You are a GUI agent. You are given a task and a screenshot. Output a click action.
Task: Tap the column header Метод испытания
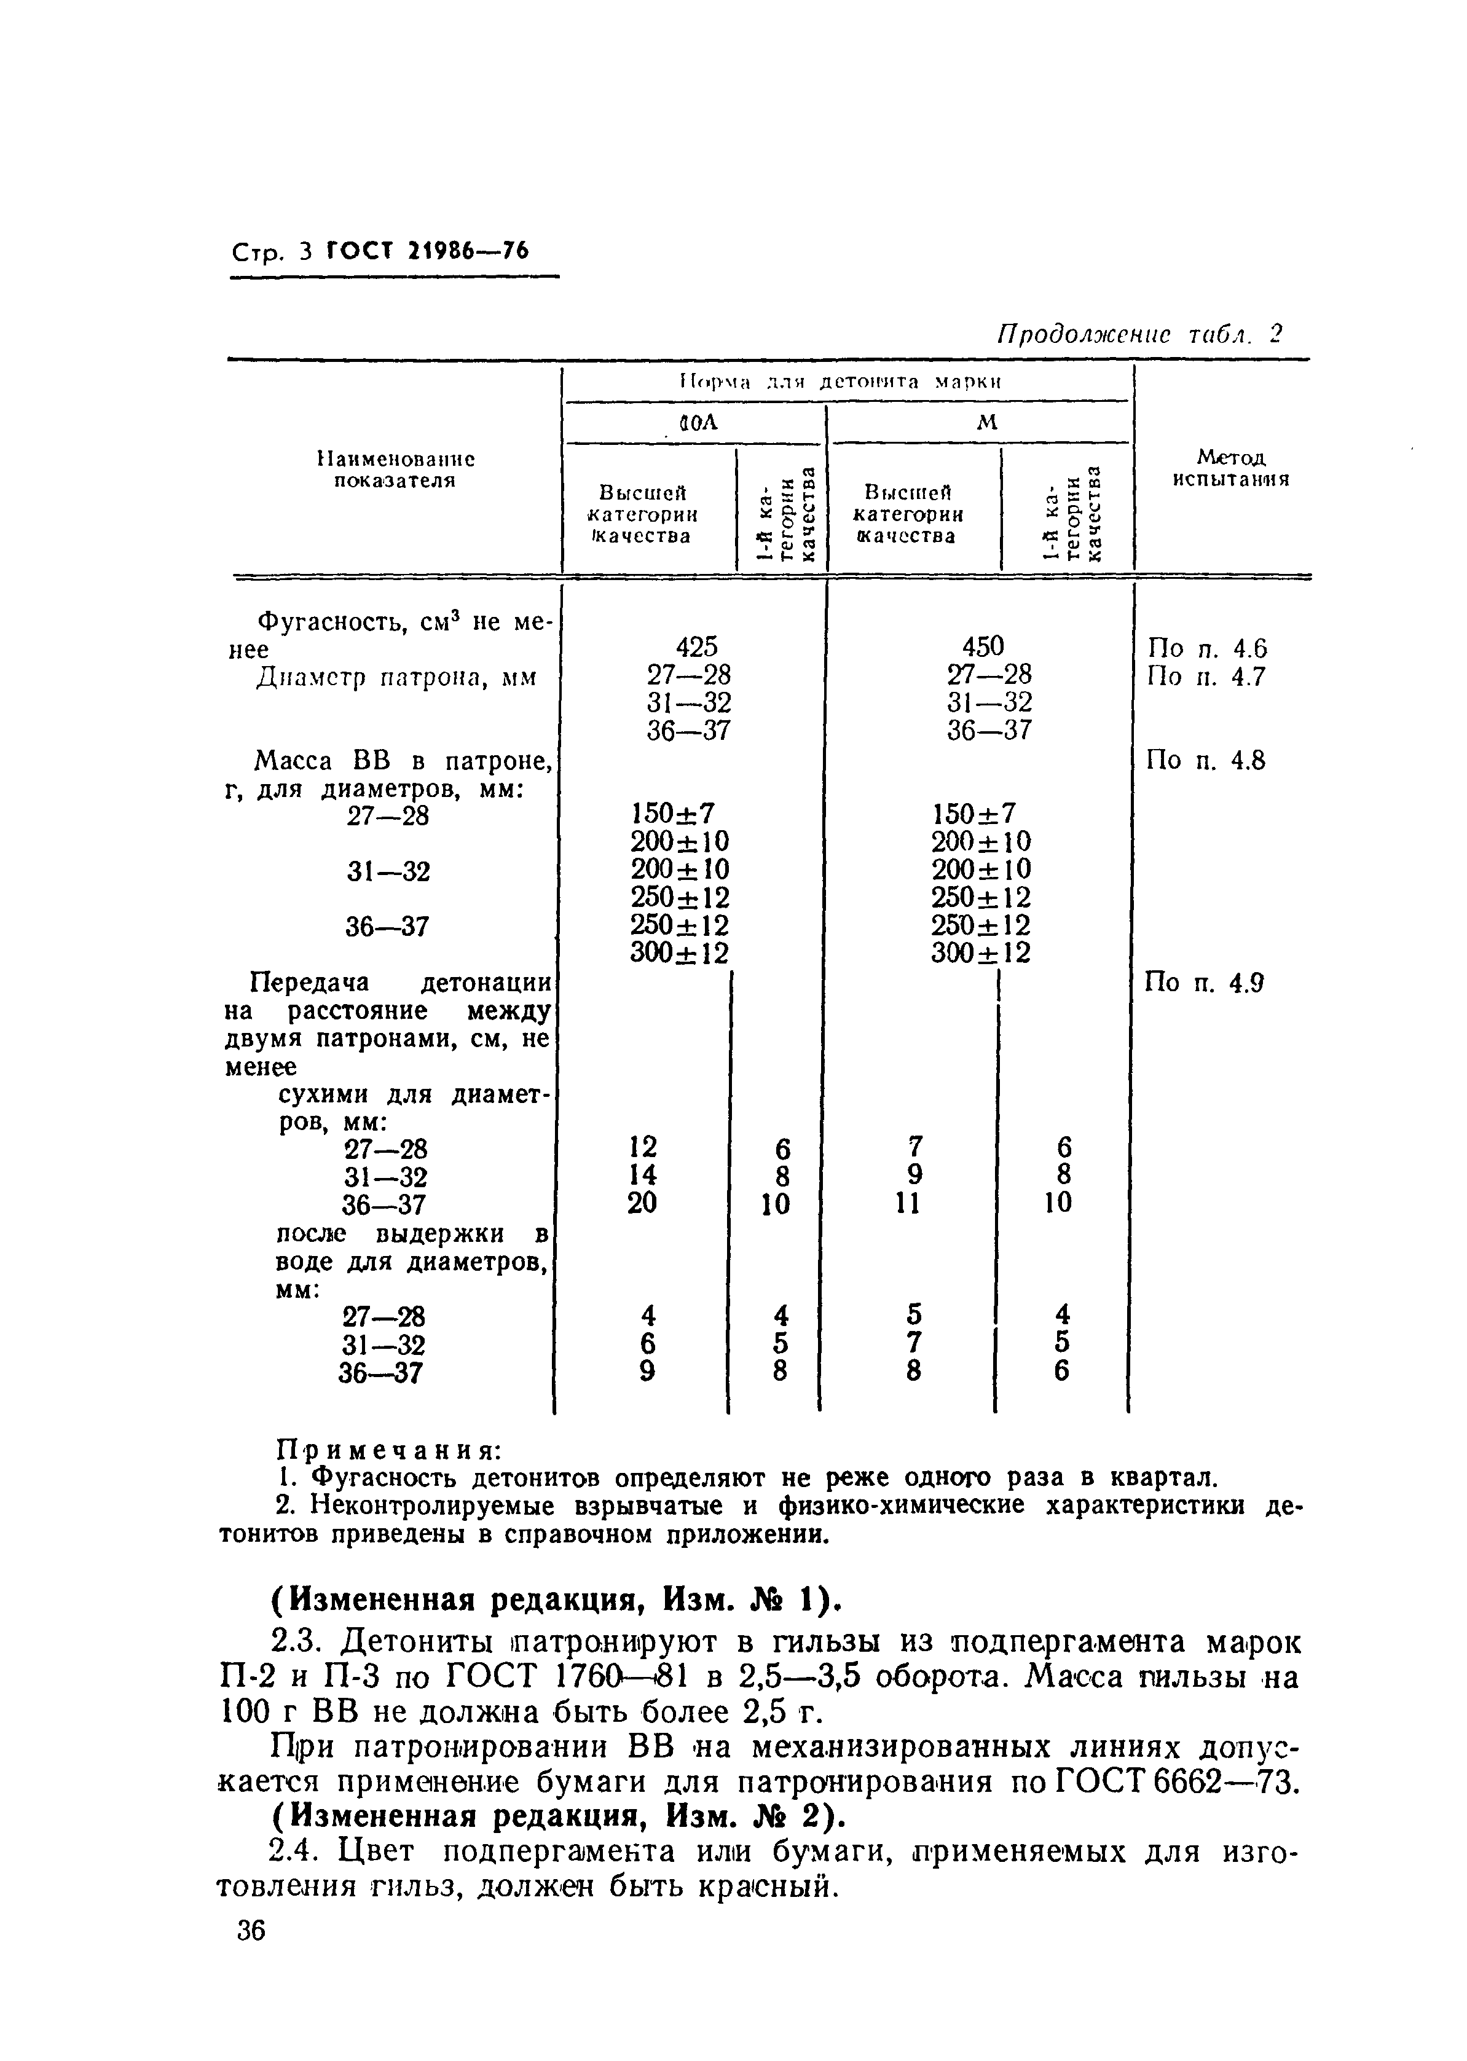[1230, 468]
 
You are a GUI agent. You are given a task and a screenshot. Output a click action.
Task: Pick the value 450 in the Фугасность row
[982, 646]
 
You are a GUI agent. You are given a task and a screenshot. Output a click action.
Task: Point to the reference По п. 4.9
[1203, 982]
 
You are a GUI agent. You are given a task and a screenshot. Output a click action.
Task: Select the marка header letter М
[986, 422]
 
